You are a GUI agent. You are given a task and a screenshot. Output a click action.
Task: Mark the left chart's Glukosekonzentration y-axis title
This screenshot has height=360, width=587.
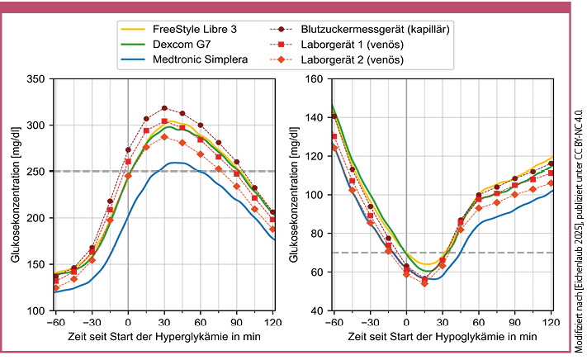(16, 195)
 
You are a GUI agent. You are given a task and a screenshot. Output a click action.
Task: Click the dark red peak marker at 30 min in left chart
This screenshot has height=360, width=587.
(164, 108)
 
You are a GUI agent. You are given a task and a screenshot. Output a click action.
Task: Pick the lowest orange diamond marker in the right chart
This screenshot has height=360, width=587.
(424, 283)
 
